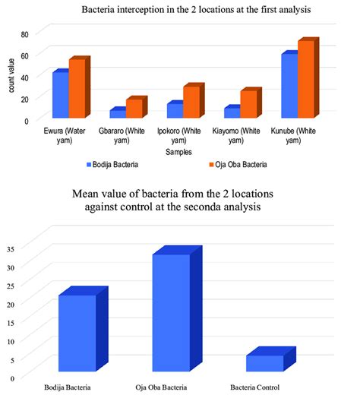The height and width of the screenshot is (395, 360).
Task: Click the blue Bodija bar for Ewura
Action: tap(60, 94)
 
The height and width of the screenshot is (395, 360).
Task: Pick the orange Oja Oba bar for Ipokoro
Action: tap(192, 102)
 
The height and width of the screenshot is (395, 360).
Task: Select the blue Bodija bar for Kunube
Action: tap(289, 85)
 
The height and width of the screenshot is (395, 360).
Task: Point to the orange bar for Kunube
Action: tap(306, 79)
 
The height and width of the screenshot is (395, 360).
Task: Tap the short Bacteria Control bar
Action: tap(264, 363)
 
